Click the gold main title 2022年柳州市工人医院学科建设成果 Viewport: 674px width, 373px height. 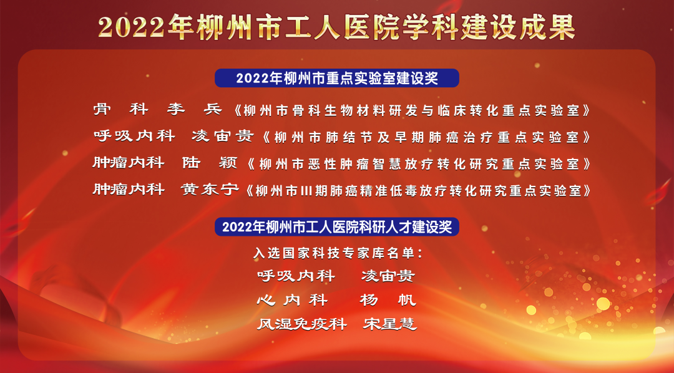pos(336,27)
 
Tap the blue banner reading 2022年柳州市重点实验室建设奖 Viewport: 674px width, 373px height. pos(337,78)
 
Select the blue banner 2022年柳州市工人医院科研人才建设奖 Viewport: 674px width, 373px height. pos(337,227)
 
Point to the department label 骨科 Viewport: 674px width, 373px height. pos(121,110)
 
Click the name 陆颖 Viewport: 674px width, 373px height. pos(210,163)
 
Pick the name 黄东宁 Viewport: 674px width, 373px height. pos(210,190)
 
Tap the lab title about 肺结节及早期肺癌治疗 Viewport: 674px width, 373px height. pos(426,137)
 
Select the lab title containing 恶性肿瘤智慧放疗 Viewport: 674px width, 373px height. pos(419,163)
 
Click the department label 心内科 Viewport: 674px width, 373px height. pos(292,299)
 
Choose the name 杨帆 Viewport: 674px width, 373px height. pos(388,299)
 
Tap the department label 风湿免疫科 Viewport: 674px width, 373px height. pos(302,324)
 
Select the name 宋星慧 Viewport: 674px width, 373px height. pos(390,324)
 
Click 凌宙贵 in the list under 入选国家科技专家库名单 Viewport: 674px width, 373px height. pos(388,276)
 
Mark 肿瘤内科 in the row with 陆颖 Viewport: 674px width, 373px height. pos(129,163)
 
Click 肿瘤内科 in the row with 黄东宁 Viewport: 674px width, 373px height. pos(129,190)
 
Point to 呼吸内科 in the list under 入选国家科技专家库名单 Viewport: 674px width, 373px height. pos(296,276)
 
